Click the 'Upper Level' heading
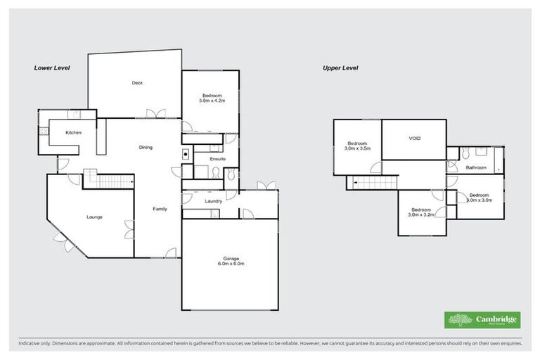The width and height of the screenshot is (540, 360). click(x=340, y=68)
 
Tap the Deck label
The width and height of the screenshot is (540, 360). click(x=137, y=83)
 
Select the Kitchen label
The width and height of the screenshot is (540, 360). click(x=74, y=133)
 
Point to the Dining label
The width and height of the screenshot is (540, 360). click(x=146, y=147)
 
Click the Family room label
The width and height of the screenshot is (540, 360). click(x=160, y=209)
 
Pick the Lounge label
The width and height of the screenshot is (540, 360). click(x=95, y=217)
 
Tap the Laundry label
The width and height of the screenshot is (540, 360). click(x=214, y=201)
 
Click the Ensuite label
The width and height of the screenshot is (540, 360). click(x=218, y=159)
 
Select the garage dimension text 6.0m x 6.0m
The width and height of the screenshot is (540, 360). click(x=229, y=264)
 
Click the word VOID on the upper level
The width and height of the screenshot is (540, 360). click(x=414, y=139)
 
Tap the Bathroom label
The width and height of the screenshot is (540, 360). click(x=476, y=167)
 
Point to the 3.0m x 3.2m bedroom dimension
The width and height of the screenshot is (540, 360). click(x=421, y=214)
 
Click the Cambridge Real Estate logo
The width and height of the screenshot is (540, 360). click(x=482, y=319)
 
